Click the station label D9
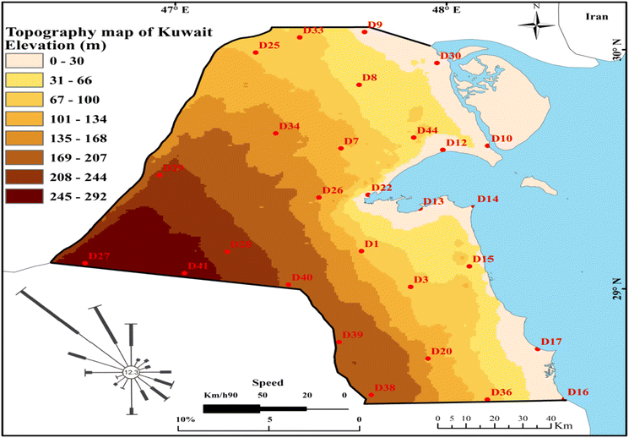click(376, 25)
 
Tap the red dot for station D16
click(564, 399)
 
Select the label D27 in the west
click(100, 255)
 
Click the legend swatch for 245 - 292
click(26, 195)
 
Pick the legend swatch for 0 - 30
click(26, 61)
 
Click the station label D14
click(488, 199)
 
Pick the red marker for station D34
click(276, 133)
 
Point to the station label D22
click(382, 187)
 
